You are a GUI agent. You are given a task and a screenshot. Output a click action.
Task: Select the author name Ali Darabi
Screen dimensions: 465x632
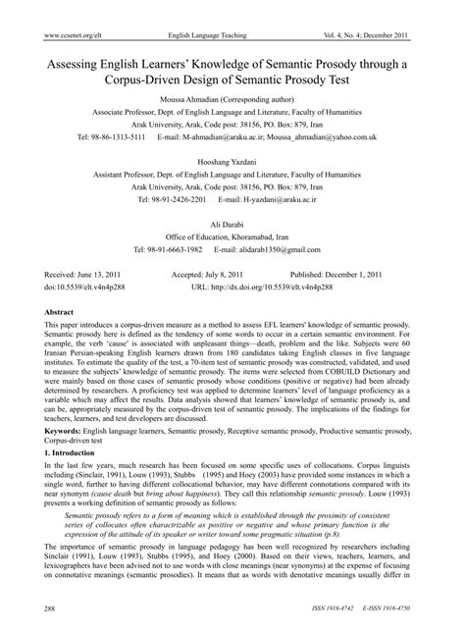[232, 225]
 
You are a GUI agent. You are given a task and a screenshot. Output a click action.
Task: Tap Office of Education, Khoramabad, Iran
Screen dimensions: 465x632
[232, 237]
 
